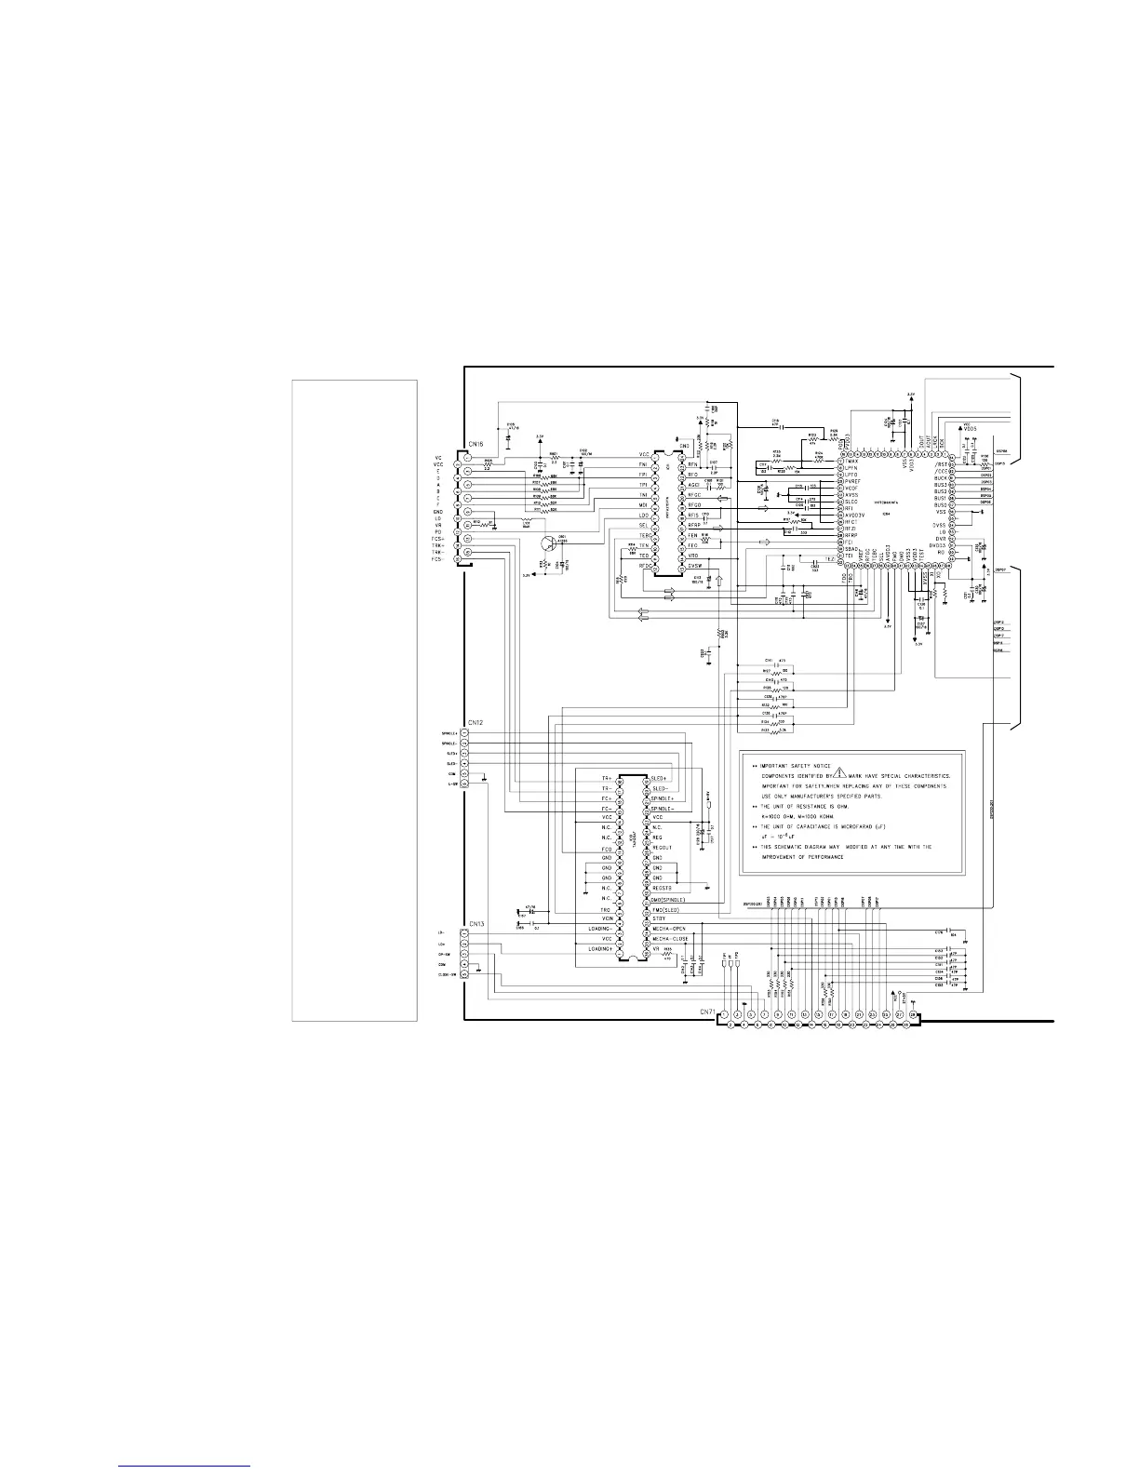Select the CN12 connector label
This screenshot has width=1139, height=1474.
tap(475, 722)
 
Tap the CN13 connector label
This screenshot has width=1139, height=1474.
tap(476, 923)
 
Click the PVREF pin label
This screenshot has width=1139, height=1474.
tap(852, 481)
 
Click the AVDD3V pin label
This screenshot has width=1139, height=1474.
tap(854, 515)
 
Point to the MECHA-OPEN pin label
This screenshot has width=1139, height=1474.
tap(669, 929)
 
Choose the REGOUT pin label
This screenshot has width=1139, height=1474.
tap(662, 847)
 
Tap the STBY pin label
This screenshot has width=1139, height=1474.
tap(659, 918)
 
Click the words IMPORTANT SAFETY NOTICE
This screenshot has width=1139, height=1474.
tap(797, 766)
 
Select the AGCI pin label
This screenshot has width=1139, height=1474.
tap(693, 485)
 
